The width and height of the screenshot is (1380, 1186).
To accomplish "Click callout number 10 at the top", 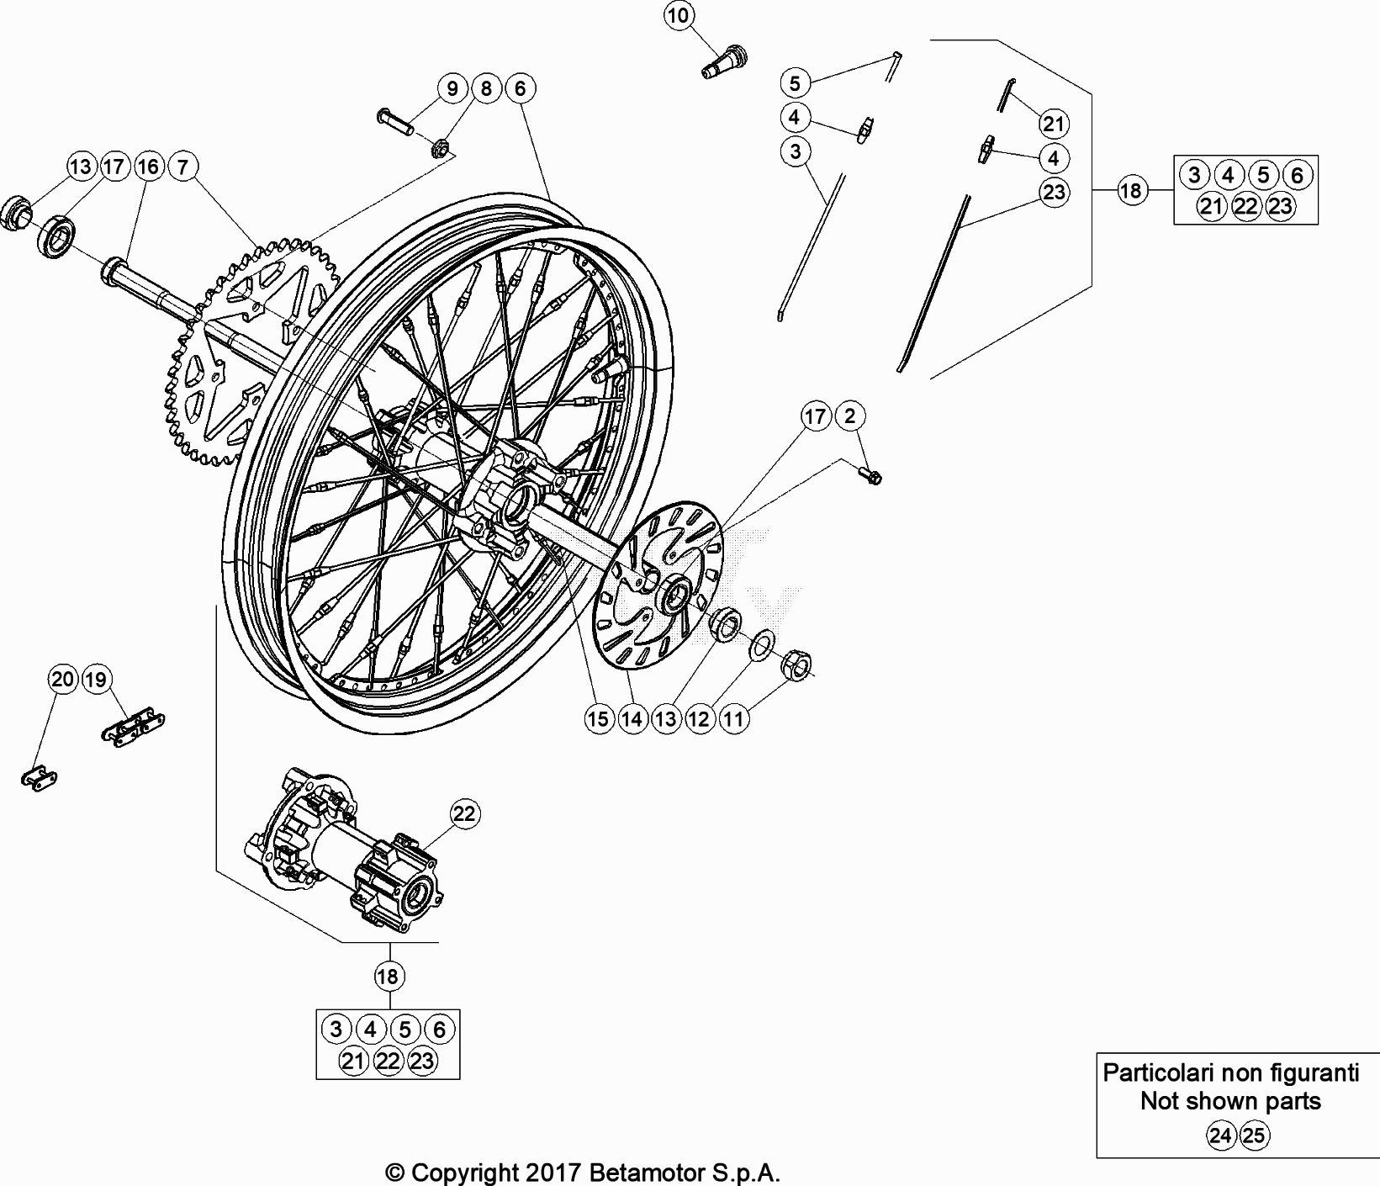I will point(680,15).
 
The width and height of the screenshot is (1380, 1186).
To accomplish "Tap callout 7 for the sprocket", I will point(182,167).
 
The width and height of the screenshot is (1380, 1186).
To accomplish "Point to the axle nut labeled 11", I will point(796,666).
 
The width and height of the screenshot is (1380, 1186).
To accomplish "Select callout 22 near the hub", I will point(465,813).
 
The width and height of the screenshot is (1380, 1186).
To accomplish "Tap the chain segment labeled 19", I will point(135,724).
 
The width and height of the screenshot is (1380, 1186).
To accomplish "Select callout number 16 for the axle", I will point(148,167).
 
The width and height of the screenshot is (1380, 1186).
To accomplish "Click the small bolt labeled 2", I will point(870,476).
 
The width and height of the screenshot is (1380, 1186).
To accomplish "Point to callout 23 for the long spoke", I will point(1053,192).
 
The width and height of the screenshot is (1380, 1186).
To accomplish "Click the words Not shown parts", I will point(1230,1101).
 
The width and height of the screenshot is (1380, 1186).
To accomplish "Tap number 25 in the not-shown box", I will point(1253,1136).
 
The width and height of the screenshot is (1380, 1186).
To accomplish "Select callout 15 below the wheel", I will point(598,718).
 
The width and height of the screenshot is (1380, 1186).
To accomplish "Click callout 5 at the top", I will point(795,82).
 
